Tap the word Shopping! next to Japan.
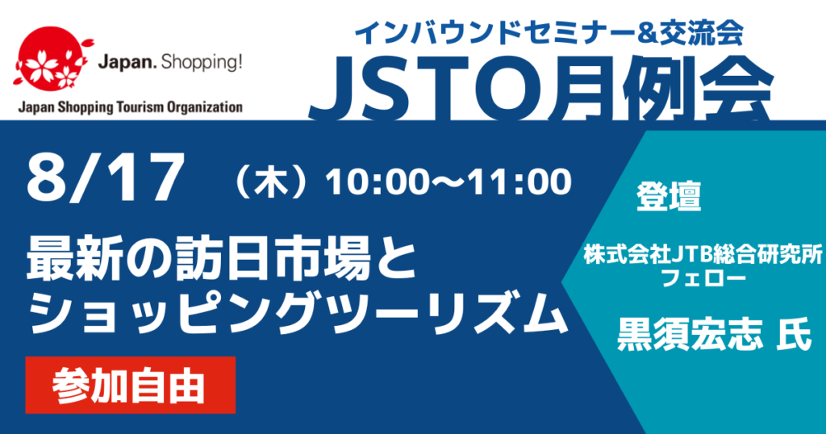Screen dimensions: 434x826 pyautogui.click(x=207, y=62)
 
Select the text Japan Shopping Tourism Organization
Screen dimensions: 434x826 pyautogui.click(x=129, y=106)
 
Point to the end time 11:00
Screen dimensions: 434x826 pyautogui.click(x=523, y=183)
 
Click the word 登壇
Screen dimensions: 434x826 pyautogui.click(x=669, y=197)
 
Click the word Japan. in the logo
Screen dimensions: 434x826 pyautogui.click(x=123, y=62)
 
